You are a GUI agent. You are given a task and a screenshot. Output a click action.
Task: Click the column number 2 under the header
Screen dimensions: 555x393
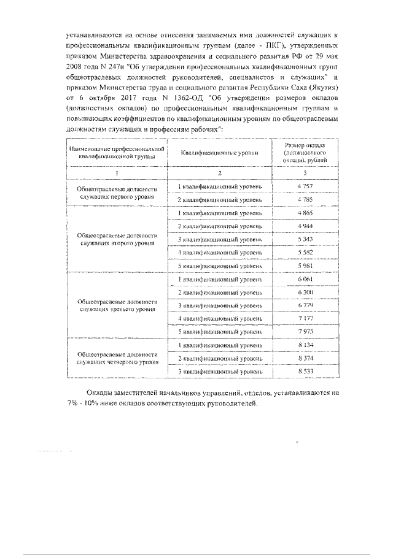(x=219, y=172)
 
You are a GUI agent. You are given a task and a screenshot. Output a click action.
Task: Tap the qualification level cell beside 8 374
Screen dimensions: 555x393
(x=219, y=358)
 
